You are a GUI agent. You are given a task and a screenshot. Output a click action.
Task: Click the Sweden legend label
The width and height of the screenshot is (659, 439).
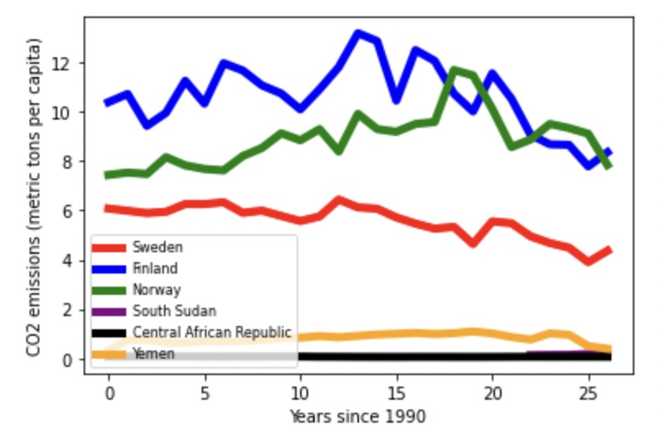pyautogui.click(x=157, y=247)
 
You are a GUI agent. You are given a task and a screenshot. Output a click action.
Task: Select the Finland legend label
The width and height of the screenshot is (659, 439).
pyautogui.click(x=155, y=268)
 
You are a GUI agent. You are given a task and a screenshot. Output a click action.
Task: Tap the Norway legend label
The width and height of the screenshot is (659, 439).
pyautogui.click(x=157, y=289)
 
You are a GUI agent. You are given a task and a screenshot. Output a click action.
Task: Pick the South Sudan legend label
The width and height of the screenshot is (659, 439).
pyautogui.click(x=175, y=311)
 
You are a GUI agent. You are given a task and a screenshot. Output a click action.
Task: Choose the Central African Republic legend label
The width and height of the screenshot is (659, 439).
pyautogui.click(x=211, y=333)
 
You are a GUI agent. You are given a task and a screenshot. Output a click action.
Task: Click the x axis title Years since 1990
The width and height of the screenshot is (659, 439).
pyautogui.click(x=357, y=417)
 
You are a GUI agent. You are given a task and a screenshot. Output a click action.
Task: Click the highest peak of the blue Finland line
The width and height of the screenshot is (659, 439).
pyautogui.click(x=358, y=34)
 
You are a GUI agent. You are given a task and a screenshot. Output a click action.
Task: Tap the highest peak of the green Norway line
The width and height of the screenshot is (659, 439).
pyautogui.click(x=454, y=70)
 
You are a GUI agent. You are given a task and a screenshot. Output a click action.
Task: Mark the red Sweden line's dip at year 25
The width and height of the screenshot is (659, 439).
pyautogui.click(x=589, y=261)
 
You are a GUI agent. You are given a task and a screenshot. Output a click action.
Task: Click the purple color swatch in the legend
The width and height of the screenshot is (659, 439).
pyautogui.click(x=109, y=311)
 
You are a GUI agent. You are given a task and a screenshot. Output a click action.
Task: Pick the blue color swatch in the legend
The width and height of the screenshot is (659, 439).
pyautogui.click(x=109, y=268)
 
